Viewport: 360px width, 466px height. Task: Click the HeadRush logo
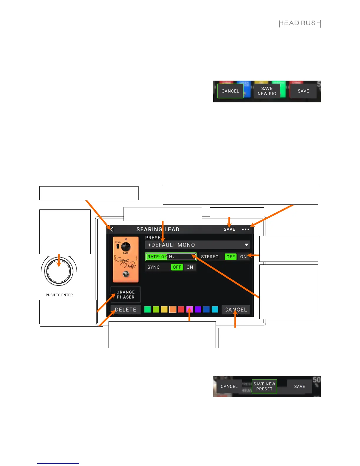click(x=300, y=24)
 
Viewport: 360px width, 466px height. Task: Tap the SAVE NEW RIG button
click(x=267, y=91)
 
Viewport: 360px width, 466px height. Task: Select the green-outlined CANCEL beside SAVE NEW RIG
click(x=230, y=91)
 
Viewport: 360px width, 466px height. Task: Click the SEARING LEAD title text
click(x=158, y=229)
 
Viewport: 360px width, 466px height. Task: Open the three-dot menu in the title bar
click(x=246, y=229)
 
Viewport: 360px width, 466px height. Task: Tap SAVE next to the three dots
click(x=229, y=229)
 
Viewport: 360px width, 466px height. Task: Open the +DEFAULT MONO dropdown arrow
click(x=246, y=245)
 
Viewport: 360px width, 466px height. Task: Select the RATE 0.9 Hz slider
click(x=171, y=257)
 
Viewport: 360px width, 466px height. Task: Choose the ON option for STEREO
click(x=244, y=257)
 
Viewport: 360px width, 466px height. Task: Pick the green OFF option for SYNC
click(x=177, y=267)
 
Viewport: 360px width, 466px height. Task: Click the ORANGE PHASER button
click(x=126, y=294)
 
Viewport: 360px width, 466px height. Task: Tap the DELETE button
click(x=126, y=309)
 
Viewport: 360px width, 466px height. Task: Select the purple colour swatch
click(x=198, y=309)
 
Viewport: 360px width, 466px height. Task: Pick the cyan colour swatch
click(x=215, y=309)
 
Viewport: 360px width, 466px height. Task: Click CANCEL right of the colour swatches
click(x=236, y=309)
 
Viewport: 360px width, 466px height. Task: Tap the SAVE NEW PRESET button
click(x=264, y=386)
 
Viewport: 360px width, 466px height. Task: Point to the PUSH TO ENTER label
click(x=59, y=295)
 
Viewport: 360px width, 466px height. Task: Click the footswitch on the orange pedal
click(x=126, y=274)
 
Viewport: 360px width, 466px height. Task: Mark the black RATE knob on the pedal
click(x=126, y=247)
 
